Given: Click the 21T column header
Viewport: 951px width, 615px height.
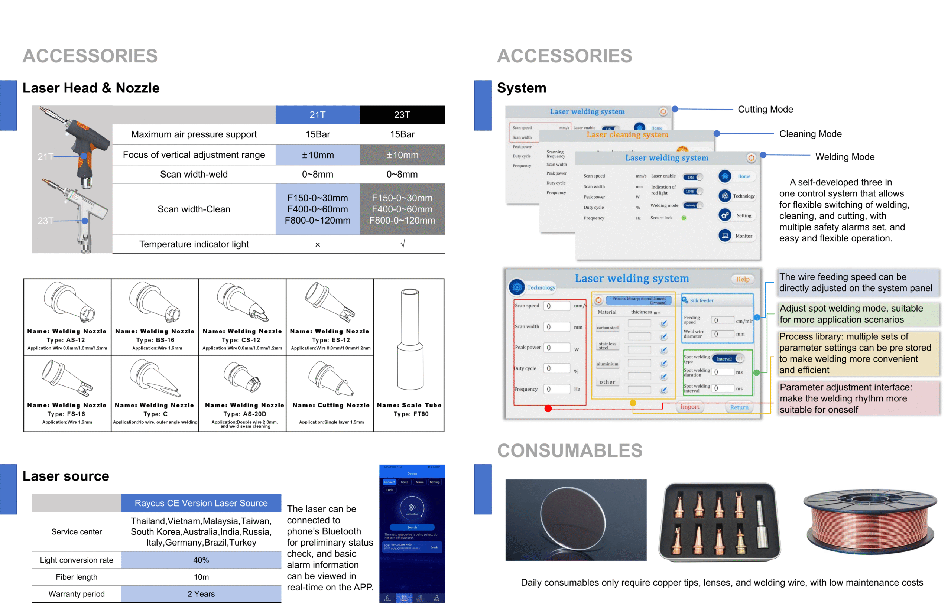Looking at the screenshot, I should coord(317,115).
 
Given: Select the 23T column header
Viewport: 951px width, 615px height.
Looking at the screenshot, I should coord(402,115).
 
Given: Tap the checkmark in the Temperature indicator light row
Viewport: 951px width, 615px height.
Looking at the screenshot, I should coord(402,244).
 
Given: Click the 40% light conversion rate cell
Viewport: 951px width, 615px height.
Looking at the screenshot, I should coord(201,560).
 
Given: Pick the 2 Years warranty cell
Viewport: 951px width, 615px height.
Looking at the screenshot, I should coord(201,594).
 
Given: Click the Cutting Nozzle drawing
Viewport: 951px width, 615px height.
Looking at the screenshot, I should coord(330,378).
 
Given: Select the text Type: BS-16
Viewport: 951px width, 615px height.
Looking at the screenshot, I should coord(155,340).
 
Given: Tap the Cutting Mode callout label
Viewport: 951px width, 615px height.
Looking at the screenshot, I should coord(765,110).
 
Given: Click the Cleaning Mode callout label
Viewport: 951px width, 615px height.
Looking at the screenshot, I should coord(810,134).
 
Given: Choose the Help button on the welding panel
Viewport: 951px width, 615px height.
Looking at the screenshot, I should coord(743,279).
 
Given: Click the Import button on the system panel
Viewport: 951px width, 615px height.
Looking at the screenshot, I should coord(689,407).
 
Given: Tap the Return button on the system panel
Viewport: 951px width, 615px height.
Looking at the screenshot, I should coord(739,407).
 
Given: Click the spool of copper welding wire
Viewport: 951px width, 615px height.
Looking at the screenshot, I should coord(870,521).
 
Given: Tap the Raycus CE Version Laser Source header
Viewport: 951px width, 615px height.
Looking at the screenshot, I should coord(201,503).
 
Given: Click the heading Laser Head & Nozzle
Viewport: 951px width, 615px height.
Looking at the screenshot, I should coord(91,88).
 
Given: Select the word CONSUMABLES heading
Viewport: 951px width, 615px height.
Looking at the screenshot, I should coord(569,450).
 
